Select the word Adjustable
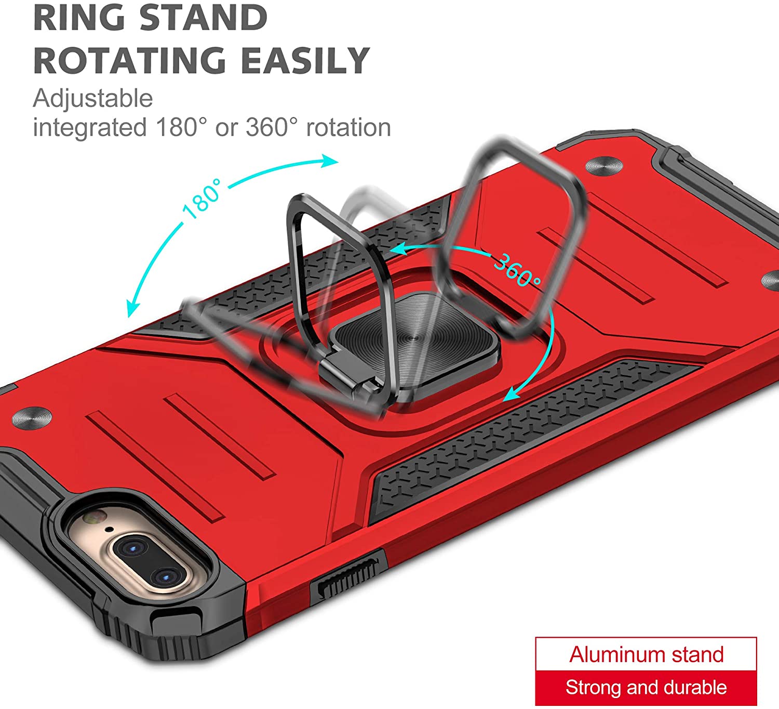tap(93, 98)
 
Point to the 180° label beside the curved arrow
tap(202, 199)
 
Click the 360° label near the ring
tap(517, 270)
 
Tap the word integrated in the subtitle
tap(90, 128)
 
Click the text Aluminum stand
tap(646, 654)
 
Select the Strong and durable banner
tap(646, 688)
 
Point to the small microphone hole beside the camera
tap(110, 530)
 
